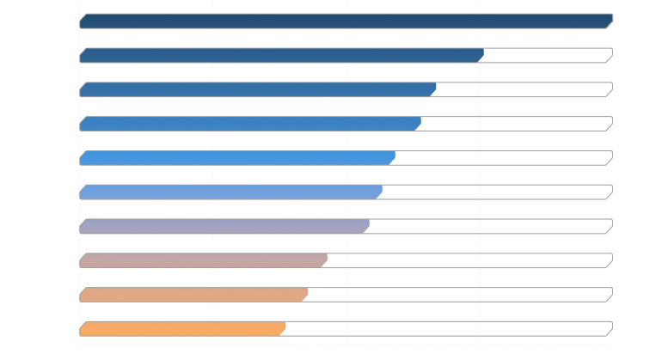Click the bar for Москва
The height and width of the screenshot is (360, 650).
click(344, 21)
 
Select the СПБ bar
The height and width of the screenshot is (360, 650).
click(281, 56)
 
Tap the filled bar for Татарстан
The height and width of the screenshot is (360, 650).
click(258, 89)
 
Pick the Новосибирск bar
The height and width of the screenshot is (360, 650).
click(250, 124)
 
